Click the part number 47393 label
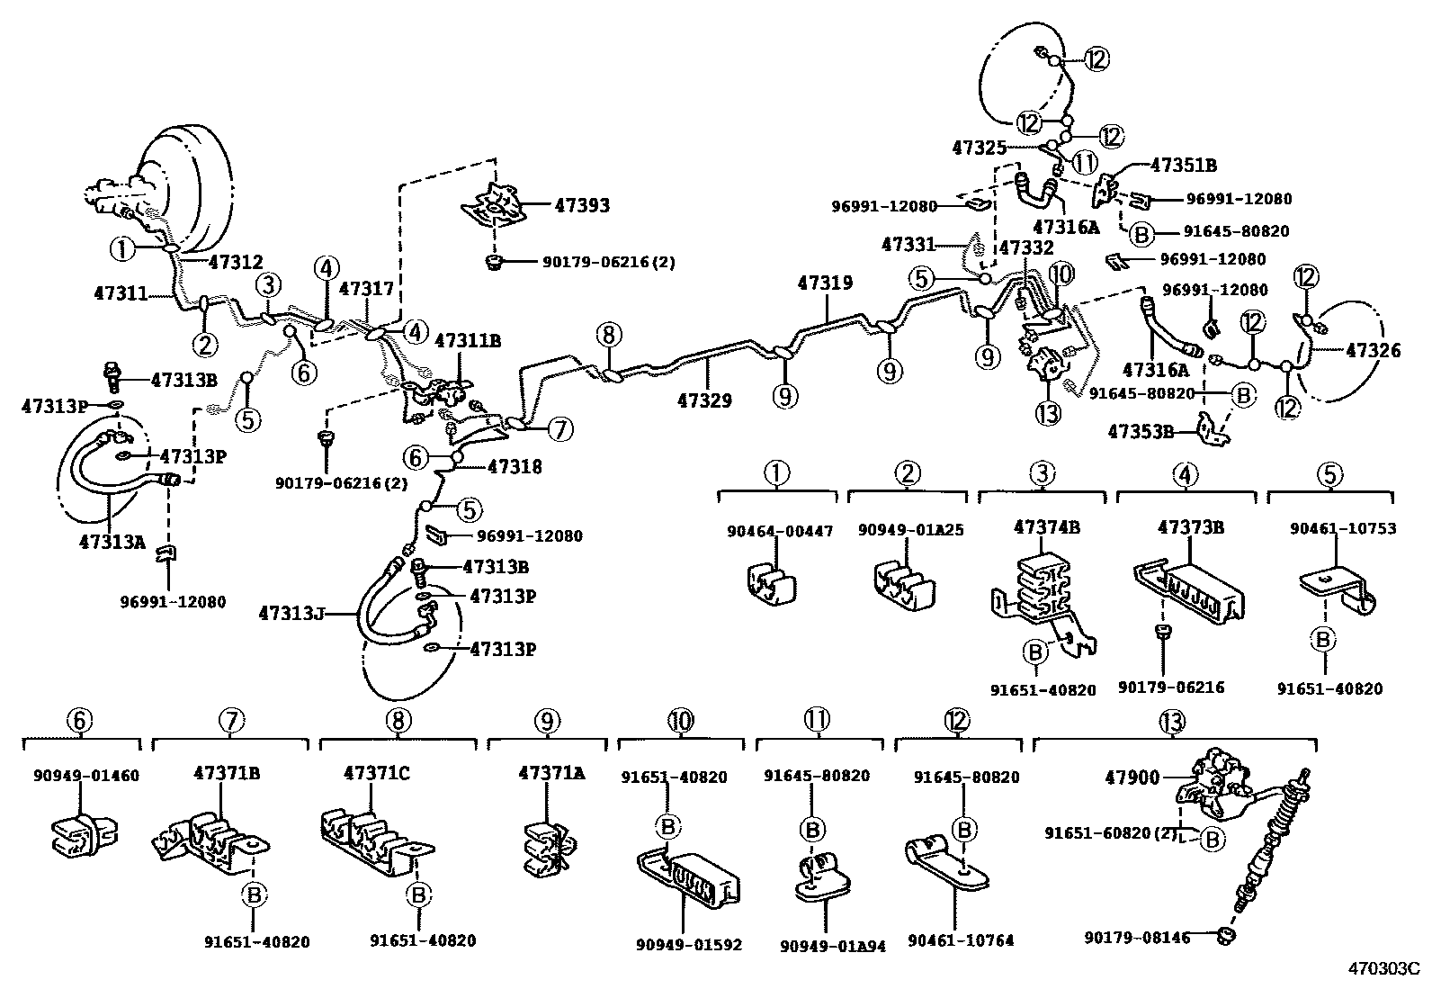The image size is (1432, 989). coord(581,205)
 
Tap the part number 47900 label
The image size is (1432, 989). coord(1136,777)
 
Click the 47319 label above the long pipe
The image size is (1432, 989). coord(824,283)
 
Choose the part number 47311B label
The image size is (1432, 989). coord(468,341)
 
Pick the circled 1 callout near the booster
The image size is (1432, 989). coord(121,246)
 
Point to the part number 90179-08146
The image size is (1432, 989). coord(1136,939)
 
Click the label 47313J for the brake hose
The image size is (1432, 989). coord(289,614)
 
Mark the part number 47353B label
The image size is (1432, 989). coord(1141,431)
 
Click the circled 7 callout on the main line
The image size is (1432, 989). coord(559,430)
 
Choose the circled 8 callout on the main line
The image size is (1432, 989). coord(608,336)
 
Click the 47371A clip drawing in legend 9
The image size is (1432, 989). coord(547,847)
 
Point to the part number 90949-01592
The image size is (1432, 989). coord(689,944)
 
